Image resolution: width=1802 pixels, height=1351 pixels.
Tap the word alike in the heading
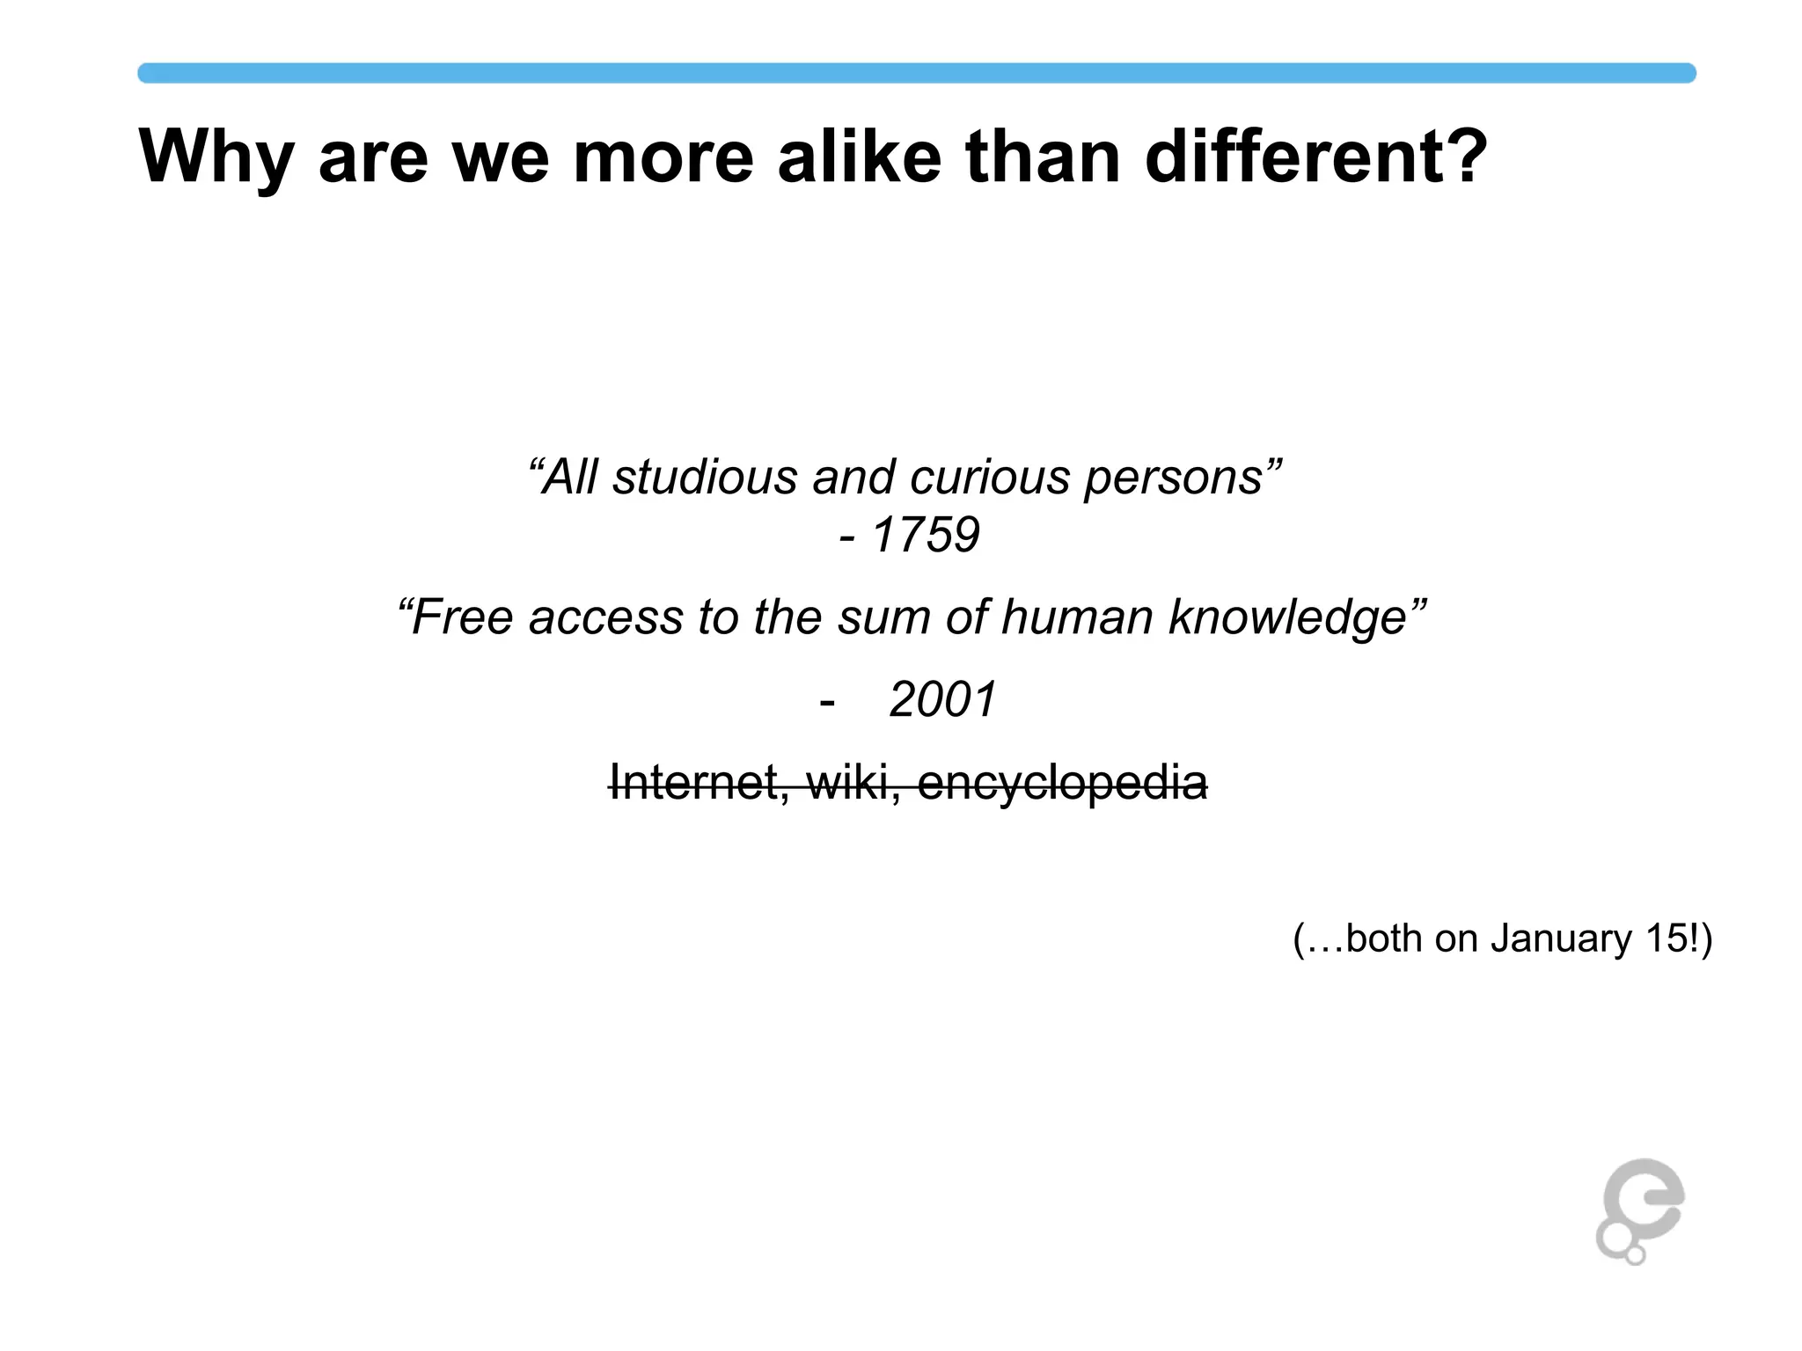tap(859, 157)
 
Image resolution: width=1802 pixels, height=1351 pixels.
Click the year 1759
tap(925, 535)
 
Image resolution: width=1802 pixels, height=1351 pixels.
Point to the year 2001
tap(942, 700)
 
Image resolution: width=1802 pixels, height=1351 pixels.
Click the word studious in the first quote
tap(705, 478)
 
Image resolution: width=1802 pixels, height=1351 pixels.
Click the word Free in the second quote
tap(462, 617)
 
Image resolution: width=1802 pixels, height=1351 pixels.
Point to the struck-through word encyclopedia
tap(1062, 784)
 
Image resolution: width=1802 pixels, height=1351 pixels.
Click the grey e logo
tap(1640, 1210)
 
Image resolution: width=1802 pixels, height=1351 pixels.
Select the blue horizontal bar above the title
tap(916, 73)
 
